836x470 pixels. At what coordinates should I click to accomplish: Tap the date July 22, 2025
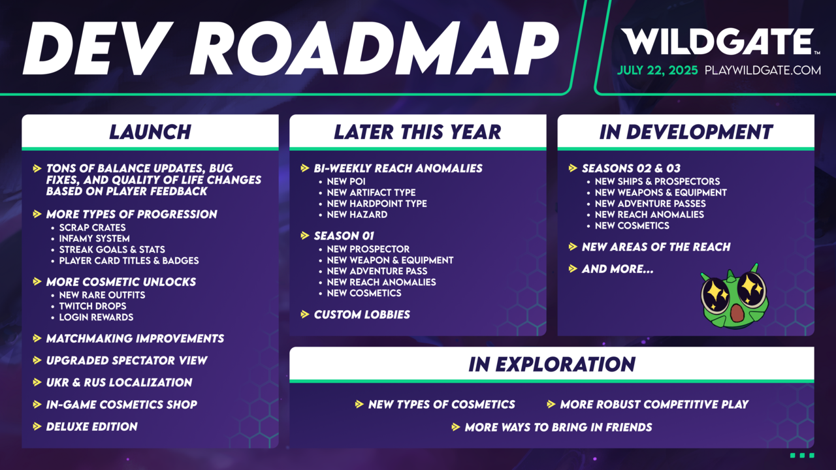(x=657, y=70)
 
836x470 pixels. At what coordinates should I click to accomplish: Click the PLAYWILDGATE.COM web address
(x=762, y=70)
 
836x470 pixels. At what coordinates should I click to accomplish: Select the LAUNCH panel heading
(x=150, y=132)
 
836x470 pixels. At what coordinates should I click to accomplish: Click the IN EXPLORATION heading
(x=552, y=364)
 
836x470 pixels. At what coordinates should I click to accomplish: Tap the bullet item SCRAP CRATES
(x=92, y=228)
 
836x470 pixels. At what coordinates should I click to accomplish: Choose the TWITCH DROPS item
(x=93, y=306)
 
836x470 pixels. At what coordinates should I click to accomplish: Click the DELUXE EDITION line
(x=92, y=427)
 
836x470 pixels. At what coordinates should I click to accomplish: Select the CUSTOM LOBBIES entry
(x=362, y=315)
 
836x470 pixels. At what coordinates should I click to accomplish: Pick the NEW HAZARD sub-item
(x=357, y=215)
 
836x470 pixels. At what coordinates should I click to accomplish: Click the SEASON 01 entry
(x=344, y=236)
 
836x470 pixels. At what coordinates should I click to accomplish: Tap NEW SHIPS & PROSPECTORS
(x=657, y=181)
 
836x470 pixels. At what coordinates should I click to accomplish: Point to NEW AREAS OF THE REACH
(x=656, y=247)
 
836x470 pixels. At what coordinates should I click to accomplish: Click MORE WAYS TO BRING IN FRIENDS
(x=558, y=428)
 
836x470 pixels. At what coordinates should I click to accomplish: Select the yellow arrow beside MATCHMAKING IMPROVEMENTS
(x=37, y=338)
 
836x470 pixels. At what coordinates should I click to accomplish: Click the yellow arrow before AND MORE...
(x=573, y=268)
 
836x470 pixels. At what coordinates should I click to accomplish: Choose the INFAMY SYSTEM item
(x=95, y=239)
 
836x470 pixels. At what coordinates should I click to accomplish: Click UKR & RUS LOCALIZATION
(x=119, y=383)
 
